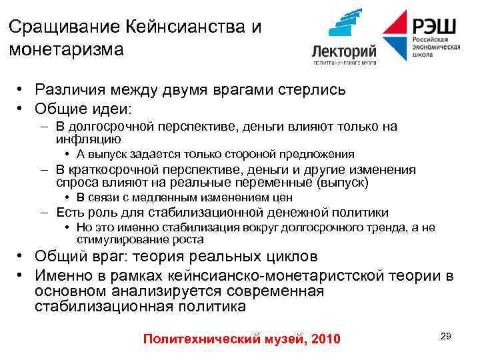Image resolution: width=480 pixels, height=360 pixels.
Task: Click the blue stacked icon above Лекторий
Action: click(x=345, y=24)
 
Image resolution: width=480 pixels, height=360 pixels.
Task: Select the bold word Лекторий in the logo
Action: click(x=345, y=51)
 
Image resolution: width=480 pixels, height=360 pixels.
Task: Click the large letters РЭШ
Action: click(x=434, y=26)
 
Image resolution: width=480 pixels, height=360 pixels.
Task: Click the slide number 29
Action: click(x=446, y=337)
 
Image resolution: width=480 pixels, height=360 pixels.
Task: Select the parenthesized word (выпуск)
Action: click(x=344, y=182)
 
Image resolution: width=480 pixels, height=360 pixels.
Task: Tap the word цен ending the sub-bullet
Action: click(x=283, y=197)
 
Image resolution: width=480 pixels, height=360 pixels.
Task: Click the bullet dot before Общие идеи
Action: click(x=22, y=107)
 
